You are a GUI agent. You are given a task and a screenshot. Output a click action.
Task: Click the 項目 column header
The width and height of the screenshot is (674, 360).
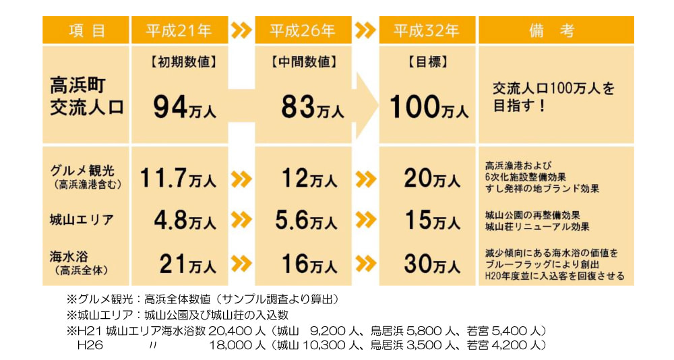click(86, 30)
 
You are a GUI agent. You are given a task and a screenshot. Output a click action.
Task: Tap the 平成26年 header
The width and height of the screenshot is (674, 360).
click(303, 30)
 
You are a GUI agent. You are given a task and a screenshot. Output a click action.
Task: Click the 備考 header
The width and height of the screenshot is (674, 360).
click(555, 30)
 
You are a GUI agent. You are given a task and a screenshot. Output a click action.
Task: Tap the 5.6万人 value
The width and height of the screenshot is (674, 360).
click(306, 220)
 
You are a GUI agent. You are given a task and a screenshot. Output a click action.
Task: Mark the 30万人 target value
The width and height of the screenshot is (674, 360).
click(431, 264)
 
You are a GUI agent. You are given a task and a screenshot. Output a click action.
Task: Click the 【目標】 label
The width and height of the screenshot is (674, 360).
click(428, 62)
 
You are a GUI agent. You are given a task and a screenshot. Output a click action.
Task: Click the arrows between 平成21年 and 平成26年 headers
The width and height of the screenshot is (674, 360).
click(241, 30)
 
